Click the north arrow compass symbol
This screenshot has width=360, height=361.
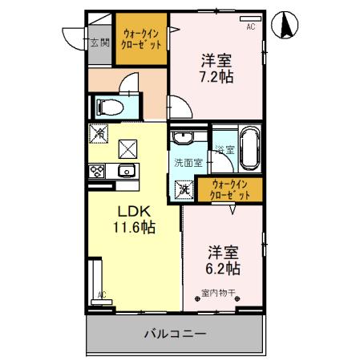coord(285,26)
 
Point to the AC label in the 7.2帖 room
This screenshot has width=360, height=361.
coord(250,26)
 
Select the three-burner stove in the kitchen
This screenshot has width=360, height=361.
coord(98,171)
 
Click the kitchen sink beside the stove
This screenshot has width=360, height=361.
coord(126,170)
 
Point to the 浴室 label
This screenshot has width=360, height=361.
coord(224,149)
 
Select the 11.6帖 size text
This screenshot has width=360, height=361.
coord(132,228)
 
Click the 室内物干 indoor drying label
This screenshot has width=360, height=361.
coord(220,295)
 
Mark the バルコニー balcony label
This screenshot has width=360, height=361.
coord(175,332)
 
